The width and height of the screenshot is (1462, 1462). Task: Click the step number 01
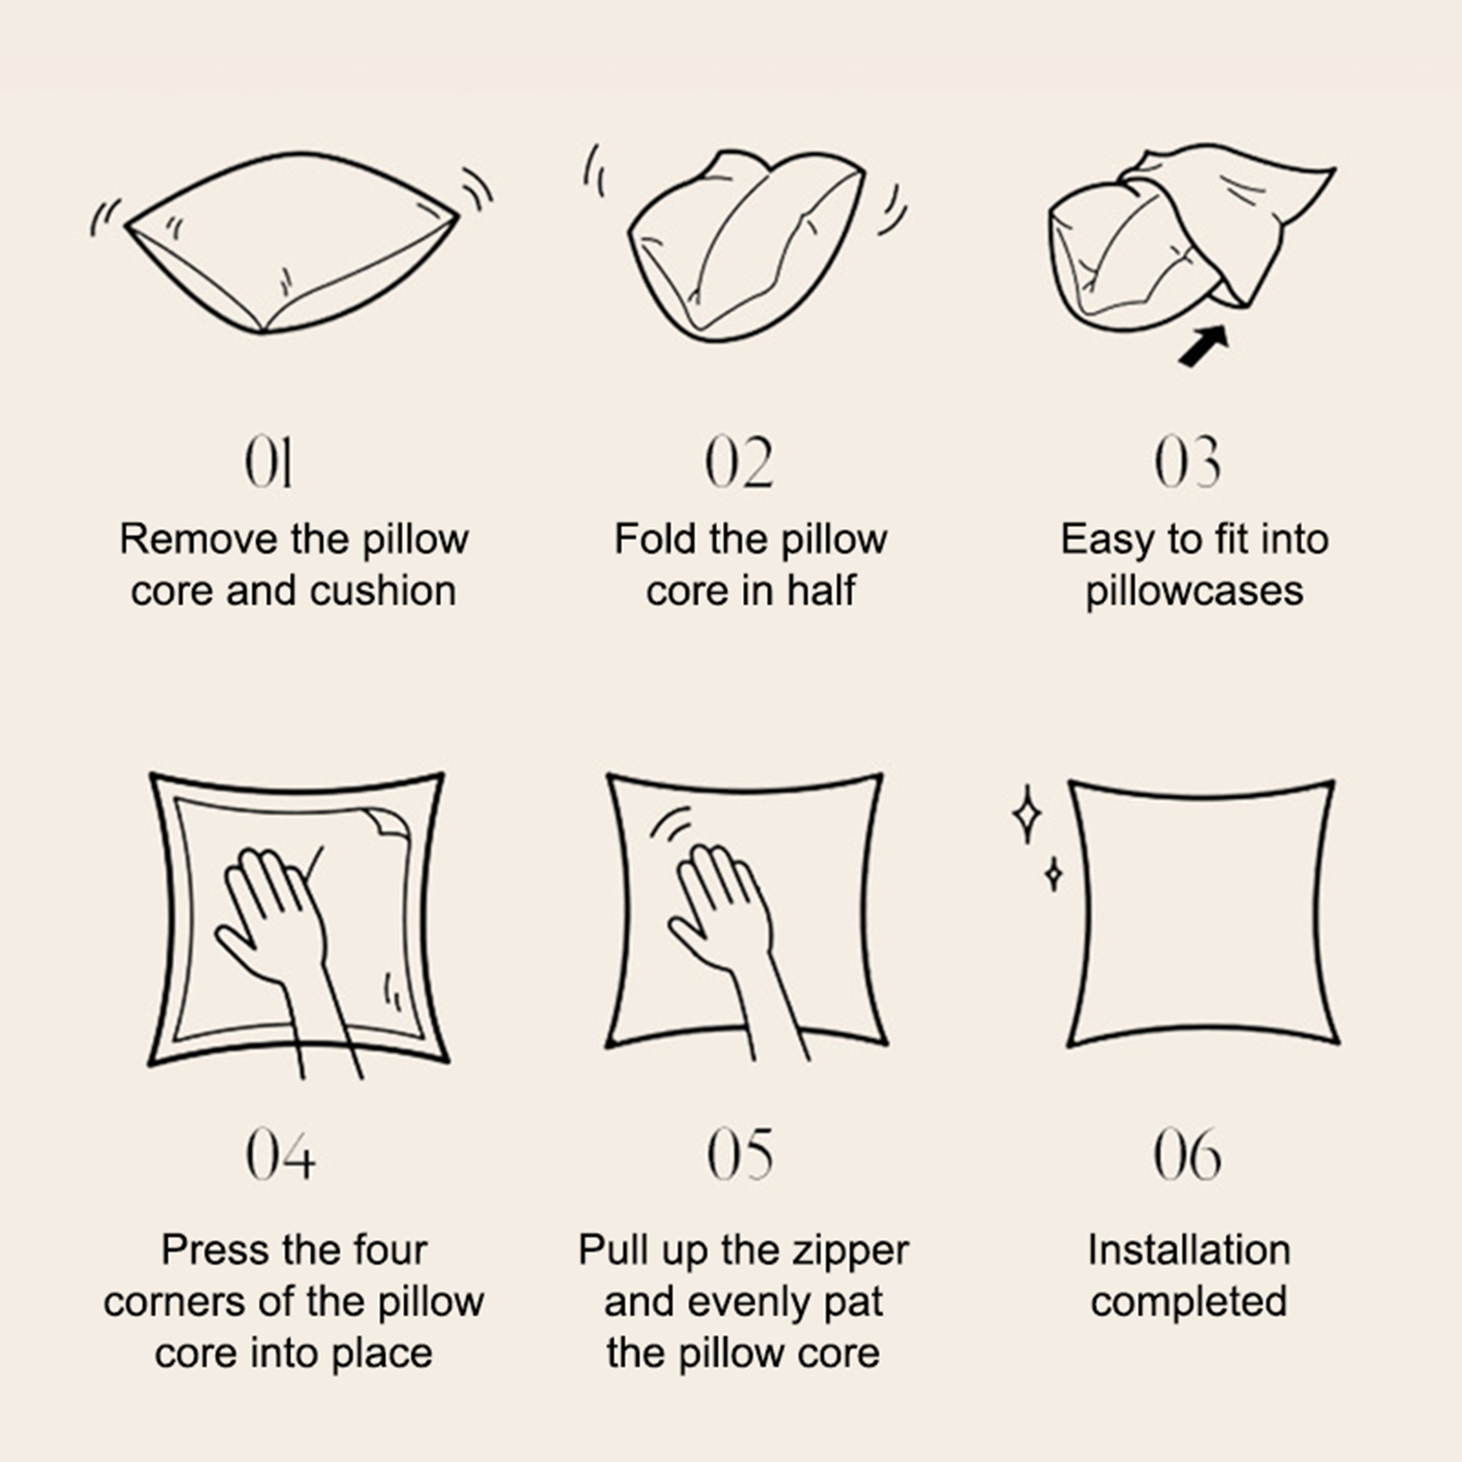(269, 462)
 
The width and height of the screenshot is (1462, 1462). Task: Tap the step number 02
(739, 462)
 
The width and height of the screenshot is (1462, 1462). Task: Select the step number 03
(1187, 462)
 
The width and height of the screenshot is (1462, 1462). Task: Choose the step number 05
(740, 1155)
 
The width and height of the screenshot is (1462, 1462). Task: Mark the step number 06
(1187, 1155)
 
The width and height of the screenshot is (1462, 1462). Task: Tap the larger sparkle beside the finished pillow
(1027, 813)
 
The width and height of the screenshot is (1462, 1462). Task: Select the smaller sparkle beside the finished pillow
(1054, 874)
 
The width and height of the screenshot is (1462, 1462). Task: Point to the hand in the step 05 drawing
(731, 932)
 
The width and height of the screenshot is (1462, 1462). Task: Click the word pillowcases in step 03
(1194, 592)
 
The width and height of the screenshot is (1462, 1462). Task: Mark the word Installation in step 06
(1189, 1250)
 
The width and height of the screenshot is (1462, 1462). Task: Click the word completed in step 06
(1189, 1303)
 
